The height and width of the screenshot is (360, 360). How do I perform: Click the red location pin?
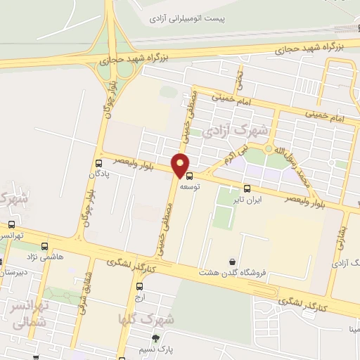[x=181, y=165]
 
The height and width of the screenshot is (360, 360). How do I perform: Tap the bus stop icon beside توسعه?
[x=188, y=176]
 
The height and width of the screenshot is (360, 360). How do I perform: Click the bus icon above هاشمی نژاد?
[x=45, y=246]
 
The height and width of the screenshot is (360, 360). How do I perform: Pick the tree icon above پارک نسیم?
[x=165, y=339]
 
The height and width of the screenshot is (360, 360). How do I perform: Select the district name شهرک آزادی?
[x=234, y=131]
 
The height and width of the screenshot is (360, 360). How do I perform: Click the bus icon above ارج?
[x=139, y=286]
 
